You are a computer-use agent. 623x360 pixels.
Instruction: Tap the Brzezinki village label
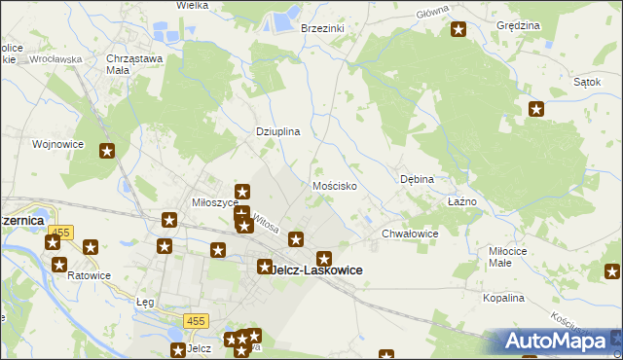coord(323,28)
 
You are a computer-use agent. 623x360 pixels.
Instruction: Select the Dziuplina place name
coord(277,130)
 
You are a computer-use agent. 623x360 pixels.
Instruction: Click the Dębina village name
coord(417,179)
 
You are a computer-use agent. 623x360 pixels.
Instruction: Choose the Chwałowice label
coord(410,234)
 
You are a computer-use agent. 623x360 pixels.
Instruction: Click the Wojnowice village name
coord(57,144)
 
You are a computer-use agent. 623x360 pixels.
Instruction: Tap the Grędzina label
coord(517,24)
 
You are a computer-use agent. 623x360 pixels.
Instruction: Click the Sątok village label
coord(586,82)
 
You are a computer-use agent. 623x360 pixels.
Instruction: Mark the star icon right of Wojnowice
coord(107,151)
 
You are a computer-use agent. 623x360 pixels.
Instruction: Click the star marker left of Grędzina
coord(458,30)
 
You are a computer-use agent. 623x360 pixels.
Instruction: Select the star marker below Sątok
coord(535,109)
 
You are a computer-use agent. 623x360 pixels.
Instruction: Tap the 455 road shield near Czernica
coord(63,232)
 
